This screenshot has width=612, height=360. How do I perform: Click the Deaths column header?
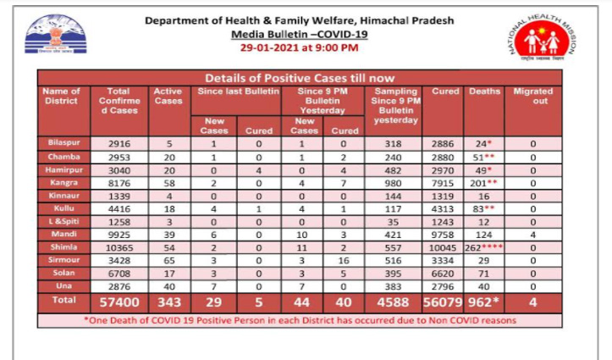point(483,91)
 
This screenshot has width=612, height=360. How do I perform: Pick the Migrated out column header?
point(532,96)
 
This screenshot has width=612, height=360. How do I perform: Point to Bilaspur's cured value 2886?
point(439,142)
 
